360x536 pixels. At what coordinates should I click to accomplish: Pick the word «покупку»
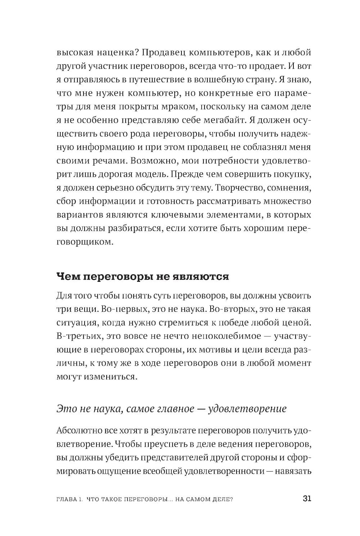[x=290, y=174]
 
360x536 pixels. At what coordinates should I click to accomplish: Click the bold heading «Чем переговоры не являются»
[x=143, y=276]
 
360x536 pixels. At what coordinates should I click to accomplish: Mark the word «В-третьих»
[x=75, y=336]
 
